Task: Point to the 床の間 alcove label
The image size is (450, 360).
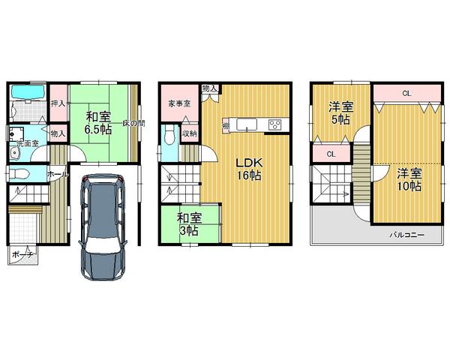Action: tap(133, 123)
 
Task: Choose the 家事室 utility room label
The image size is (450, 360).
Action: tap(178, 104)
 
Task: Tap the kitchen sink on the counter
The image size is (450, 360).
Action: tap(247, 124)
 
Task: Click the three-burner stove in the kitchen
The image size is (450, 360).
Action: tap(274, 124)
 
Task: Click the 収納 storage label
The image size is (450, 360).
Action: tap(190, 134)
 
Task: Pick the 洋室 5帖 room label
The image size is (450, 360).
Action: tap(342, 113)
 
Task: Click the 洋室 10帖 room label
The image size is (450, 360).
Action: tap(409, 181)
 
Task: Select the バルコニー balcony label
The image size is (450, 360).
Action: tap(406, 234)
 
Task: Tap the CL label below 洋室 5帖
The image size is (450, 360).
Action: tap(331, 154)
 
